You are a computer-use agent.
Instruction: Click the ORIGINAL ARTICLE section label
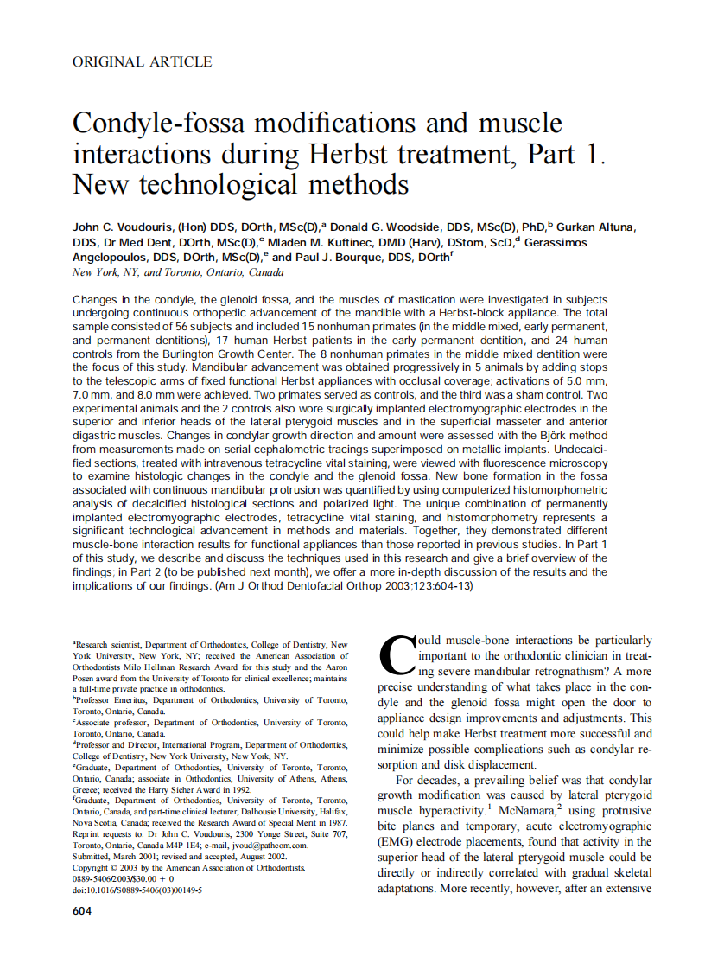pyautogui.click(x=143, y=61)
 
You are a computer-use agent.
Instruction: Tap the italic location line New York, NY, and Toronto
pyautogui.click(x=177, y=272)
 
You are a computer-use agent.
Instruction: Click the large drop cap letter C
pyautogui.click(x=397, y=655)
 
